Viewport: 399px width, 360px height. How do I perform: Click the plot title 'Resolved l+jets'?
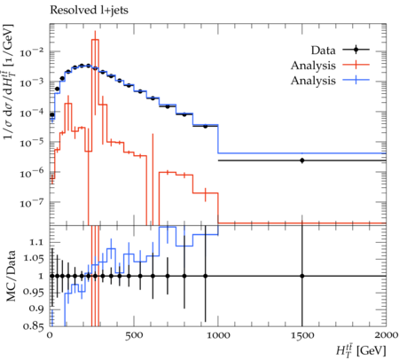(89, 11)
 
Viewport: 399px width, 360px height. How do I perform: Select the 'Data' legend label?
(323, 51)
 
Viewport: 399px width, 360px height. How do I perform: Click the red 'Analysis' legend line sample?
(356, 65)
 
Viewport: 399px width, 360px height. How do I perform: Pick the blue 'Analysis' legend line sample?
(356, 80)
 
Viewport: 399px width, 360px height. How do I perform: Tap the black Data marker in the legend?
(356, 50)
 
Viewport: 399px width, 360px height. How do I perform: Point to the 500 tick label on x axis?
(134, 335)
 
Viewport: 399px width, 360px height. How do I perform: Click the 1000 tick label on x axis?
(218, 335)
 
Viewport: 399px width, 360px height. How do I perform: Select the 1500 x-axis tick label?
(302, 335)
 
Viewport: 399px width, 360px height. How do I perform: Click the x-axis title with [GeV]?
(361, 349)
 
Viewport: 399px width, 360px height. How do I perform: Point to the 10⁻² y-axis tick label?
(32, 52)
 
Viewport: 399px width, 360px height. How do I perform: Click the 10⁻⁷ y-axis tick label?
(32, 203)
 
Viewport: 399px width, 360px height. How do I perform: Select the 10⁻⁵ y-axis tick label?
(32, 143)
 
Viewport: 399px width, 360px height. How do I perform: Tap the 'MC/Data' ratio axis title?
(11, 276)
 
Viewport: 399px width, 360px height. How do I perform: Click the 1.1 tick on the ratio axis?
(36, 242)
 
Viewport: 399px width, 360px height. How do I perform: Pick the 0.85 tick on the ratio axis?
(34, 326)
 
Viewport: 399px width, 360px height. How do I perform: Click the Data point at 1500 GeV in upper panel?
(302, 160)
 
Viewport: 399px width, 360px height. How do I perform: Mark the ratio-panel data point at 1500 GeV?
(302, 276)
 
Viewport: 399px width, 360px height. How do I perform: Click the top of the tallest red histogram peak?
(95, 40)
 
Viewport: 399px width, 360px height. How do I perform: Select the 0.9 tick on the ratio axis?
(36, 309)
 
